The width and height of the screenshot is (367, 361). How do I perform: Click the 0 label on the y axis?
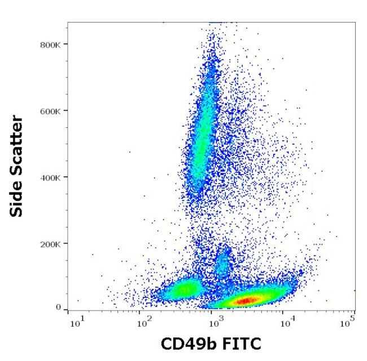coord(58,307)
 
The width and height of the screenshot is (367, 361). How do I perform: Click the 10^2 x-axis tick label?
coord(145,323)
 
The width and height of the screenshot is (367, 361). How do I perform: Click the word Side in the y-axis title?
coord(18,198)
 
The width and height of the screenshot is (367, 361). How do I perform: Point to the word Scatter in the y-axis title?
coord(18,144)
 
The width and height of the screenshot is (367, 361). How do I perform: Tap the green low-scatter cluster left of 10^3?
coord(183,290)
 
